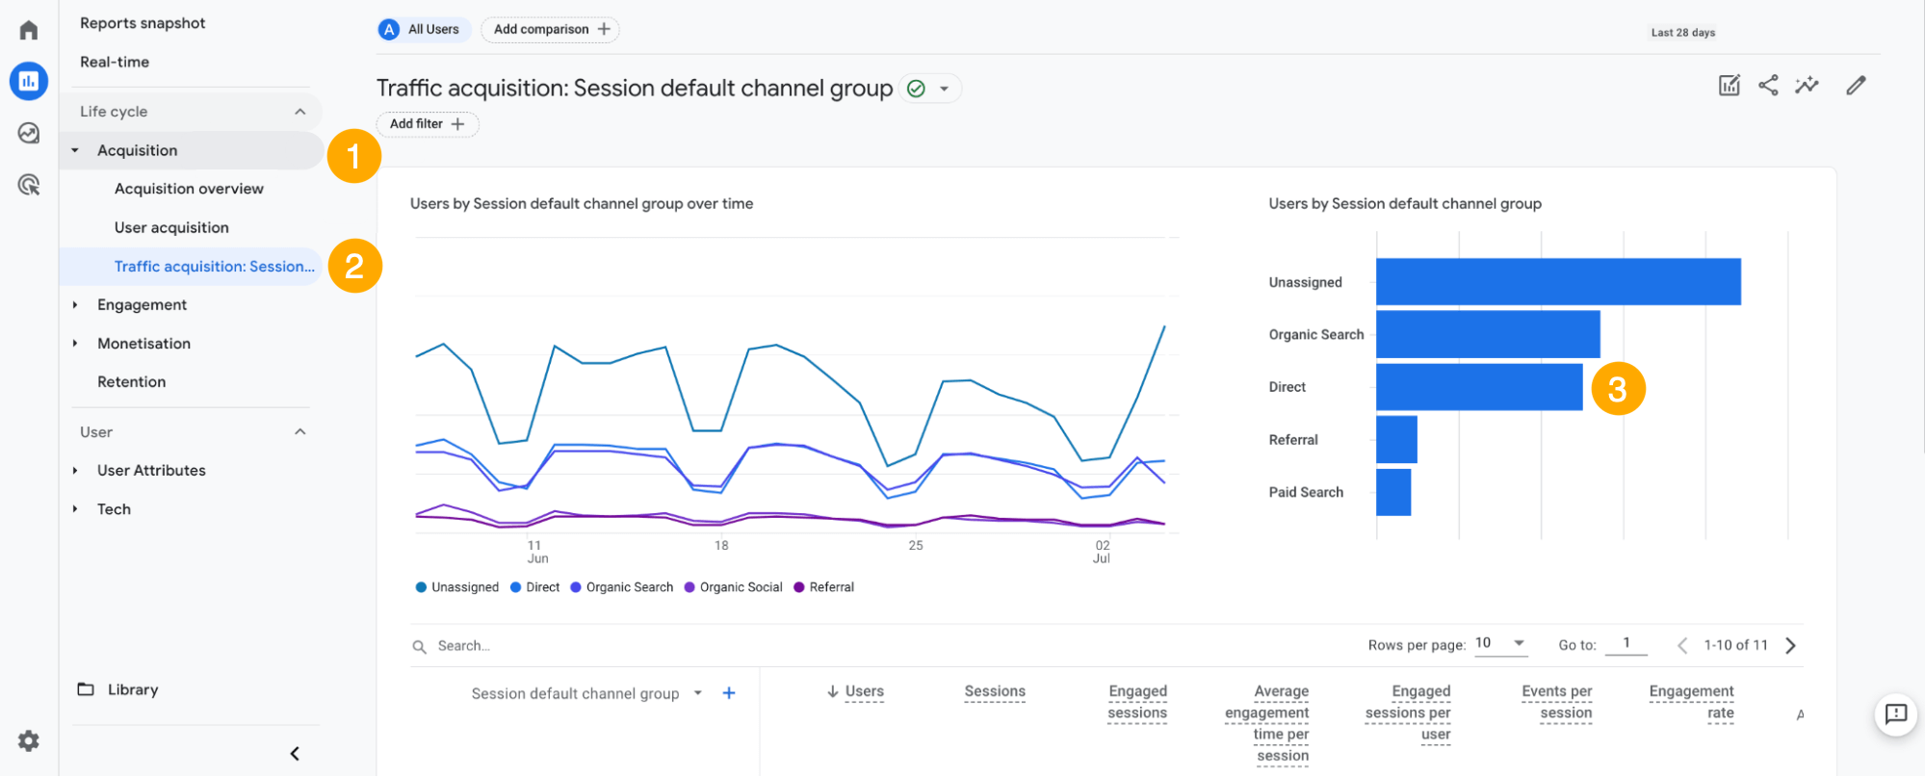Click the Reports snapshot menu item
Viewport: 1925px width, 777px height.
point(143,23)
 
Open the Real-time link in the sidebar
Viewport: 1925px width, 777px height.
point(115,62)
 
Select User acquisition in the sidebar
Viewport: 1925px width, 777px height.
point(171,227)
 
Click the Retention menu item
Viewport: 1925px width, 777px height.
point(131,381)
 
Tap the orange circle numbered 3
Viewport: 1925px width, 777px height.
point(1618,389)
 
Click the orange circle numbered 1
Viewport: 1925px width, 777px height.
point(353,156)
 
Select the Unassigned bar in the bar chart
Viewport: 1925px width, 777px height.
point(1557,281)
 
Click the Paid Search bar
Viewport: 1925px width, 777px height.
point(1392,492)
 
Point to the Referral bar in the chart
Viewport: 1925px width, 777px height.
point(1396,439)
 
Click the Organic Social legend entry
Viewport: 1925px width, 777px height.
point(740,587)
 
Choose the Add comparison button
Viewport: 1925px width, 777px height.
point(550,30)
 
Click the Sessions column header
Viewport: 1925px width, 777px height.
point(994,691)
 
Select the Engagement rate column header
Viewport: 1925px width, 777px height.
point(1691,702)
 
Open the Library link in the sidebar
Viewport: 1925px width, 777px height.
point(132,689)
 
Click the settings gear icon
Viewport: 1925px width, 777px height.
point(29,740)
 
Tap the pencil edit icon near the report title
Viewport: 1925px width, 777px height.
point(1856,86)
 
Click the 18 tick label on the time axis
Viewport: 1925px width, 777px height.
point(721,546)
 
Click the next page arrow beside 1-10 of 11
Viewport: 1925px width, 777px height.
point(1790,645)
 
